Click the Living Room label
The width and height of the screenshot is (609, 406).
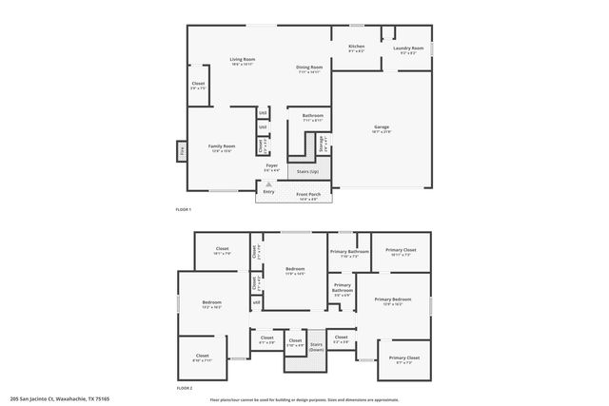pyautogui.click(x=243, y=61)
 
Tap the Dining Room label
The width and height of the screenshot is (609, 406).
pyautogui.click(x=309, y=68)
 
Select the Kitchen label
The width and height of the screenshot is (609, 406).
pyautogui.click(x=356, y=47)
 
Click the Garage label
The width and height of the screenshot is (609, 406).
pyautogui.click(x=382, y=126)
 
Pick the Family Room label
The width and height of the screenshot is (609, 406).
pyautogui.click(x=222, y=146)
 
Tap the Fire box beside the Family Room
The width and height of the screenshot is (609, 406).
pyautogui.click(x=181, y=149)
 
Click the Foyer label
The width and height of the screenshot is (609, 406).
pyautogui.click(x=271, y=166)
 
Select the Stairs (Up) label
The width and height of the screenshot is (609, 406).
pyautogui.click(x=307, y=172)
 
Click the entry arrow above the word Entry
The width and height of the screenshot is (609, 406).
pyautogui.click(x=268, y=184)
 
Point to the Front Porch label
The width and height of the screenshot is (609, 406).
pyautogui.click(x=308, y=194)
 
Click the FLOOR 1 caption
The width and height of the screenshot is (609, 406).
pyautogui.click(x=184, y=209)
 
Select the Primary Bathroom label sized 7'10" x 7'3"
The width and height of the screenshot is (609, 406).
pyautogui.click(x=349, y=253)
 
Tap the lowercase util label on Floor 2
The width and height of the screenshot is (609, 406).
pyautogui.click(x=255, y=302)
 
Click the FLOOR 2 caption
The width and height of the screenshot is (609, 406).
pyautogui.click(x=184, y=388)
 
